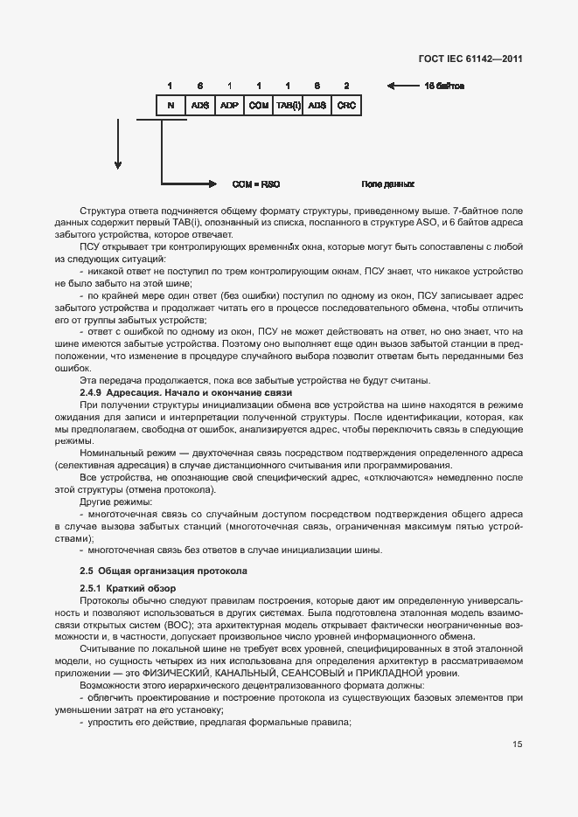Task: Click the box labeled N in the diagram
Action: (171, 105)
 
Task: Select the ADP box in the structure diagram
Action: (229, 105)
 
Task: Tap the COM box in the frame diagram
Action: (258, 105)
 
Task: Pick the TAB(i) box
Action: (288, 105)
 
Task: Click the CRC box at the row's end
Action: (346, 105)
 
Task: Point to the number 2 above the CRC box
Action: (346, 86)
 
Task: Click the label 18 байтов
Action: (443, 86)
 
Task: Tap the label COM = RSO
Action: (255, 185)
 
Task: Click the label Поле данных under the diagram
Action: (387, 185)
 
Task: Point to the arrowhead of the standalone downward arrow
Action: (118, 165)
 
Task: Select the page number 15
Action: (518, 744)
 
